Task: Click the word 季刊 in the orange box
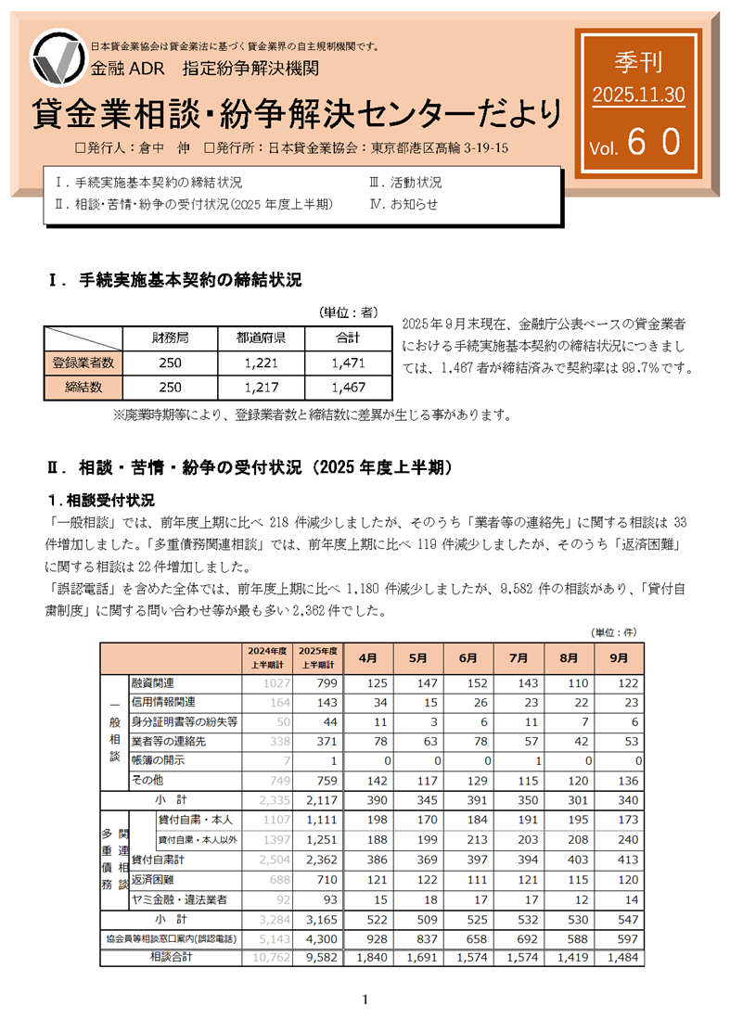[638, 63]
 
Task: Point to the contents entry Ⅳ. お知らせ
[403, 204]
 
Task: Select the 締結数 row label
[83, 387]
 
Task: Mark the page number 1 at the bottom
[365, 1000]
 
